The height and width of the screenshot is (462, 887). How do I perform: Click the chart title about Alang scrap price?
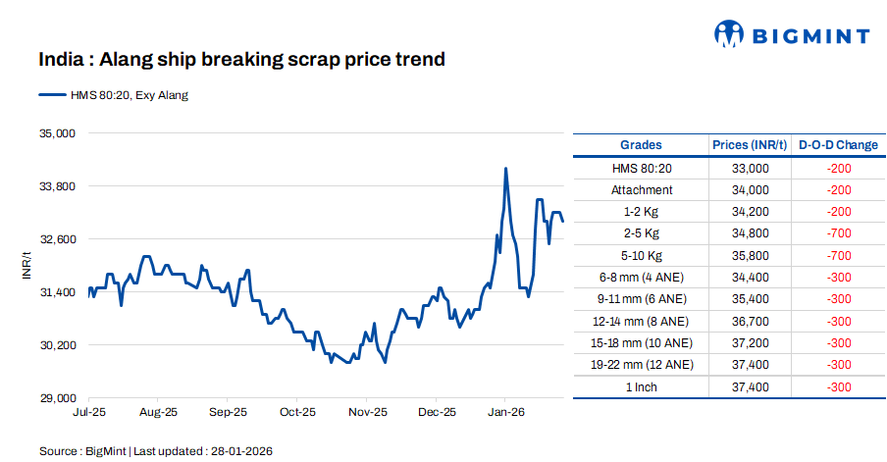[x=241, y=60]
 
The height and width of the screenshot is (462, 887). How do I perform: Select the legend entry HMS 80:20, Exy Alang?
[x=113, y=95]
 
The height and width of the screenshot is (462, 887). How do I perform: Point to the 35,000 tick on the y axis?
[x=57, y=132]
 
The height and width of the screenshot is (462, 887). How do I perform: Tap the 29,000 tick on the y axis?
[x=57, y=398]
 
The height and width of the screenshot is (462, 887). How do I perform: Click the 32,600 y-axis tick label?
[x=57, y=239]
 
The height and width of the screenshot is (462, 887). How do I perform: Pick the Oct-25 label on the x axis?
[x=297, y=413]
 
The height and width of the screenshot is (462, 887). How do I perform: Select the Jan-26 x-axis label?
[x=504, y=413]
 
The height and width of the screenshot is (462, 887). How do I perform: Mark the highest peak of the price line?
[x=505, y=169]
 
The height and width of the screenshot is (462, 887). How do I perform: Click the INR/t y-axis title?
[x=26, y=265]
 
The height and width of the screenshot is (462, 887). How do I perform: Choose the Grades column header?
[x=641, y=145]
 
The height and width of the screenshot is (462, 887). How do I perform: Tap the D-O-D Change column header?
[x=838, y=145]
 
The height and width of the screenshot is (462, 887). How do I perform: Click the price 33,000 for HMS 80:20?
[x=750, y=169]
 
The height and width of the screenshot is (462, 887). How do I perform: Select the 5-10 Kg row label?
[x=642, y=255]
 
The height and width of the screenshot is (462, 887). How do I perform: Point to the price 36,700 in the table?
[x=750, y=321]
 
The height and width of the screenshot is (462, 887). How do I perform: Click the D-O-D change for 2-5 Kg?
[x=838, y=233]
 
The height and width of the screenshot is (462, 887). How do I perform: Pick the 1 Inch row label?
[x=642, y=386]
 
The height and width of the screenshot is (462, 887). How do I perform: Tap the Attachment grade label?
[x=642, y=190]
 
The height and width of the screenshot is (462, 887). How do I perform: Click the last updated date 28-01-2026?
[x=240, y=451]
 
